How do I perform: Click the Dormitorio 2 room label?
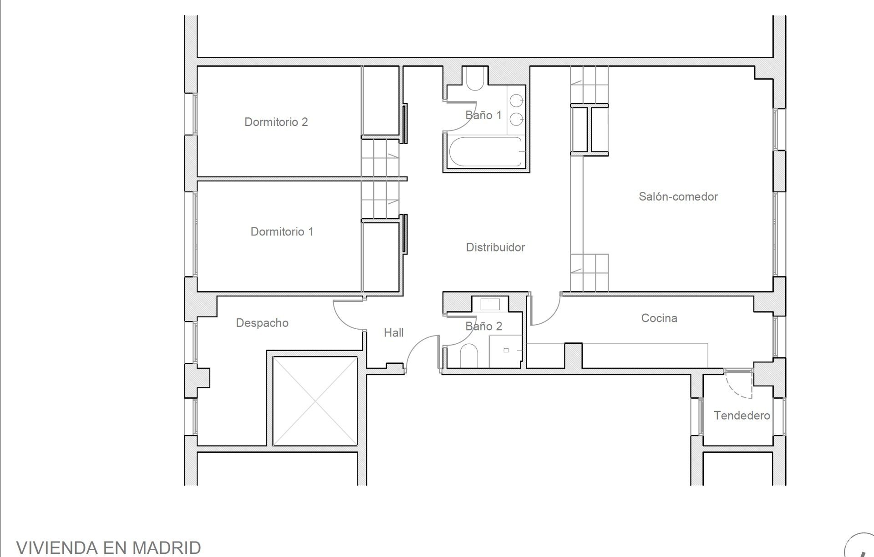pos(276,122)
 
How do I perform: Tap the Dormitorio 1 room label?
pos(282,231)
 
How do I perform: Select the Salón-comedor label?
pos(678,196)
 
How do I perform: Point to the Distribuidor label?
pos(495,247)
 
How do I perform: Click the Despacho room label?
pos(262,323)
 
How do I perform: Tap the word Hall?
pos(394,333)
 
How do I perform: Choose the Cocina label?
pos(659,318)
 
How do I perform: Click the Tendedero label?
pos(742,416)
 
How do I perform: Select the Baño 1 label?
pos(483,115)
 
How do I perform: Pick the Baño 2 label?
pos(483,326)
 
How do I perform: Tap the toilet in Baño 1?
pos(475,78)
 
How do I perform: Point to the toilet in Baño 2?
pos(468,356)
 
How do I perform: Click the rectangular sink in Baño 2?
pos(490,304)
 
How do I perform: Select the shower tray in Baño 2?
pos(506,351)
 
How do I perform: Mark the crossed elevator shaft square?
pos(315,401)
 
